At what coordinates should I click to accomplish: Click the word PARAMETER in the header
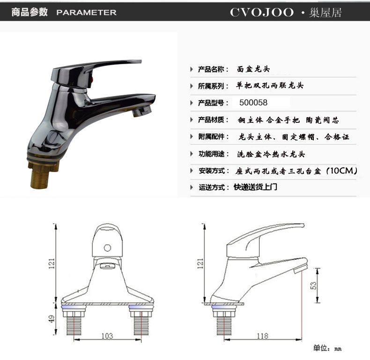point(86,13)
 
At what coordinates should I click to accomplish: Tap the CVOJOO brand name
point(262,12)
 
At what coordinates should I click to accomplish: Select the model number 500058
point(253,103)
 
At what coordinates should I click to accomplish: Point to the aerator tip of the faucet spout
point(141,111)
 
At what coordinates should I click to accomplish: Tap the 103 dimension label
point(107,336)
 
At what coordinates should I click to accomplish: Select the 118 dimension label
point(262,336)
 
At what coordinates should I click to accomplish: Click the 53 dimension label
point(313,285)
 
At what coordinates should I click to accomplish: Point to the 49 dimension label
point(52,319)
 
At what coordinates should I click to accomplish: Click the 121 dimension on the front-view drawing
point(52,263)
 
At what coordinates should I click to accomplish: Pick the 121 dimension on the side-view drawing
point(200,263)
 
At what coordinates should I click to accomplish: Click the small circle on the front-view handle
point(107,248)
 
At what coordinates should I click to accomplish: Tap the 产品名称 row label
point(211,69)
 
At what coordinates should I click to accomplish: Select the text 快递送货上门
point(255,187)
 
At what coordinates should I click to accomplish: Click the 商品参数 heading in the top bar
point(30,12)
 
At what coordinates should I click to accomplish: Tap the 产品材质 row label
point(211,120)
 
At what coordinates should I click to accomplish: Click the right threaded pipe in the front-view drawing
point(141,325)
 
